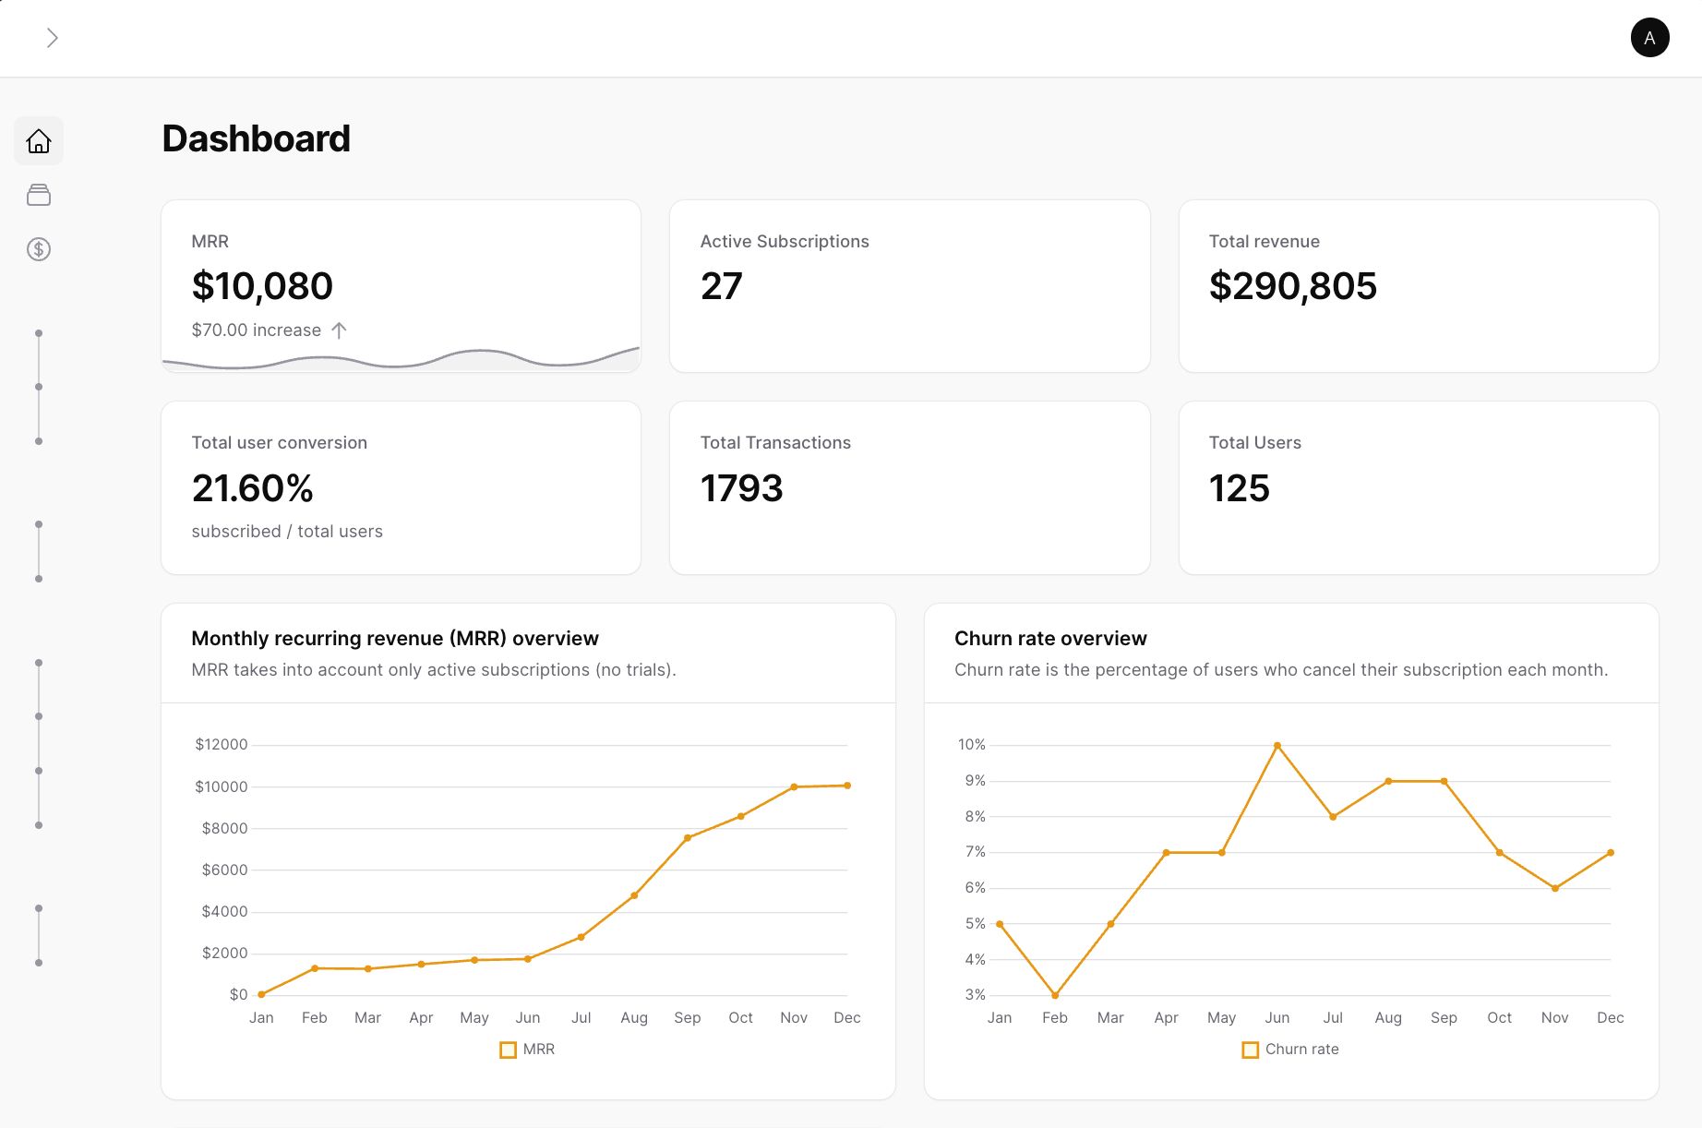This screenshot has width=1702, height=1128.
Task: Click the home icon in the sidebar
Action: pyautogui.click(x=39, y=141)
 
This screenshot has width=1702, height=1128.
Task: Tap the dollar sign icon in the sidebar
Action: pyautogui.click(x=39, y=249)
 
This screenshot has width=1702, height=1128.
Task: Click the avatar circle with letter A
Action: pyautogui.click(x=1649, y=38)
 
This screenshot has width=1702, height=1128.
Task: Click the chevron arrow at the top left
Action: pyautogui.click(x=53, y=38)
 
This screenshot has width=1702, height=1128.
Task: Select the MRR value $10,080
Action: pyautogui.click(x=262, y=286)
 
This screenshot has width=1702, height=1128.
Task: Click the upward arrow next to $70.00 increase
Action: pyautogui.click(x=339, y=330)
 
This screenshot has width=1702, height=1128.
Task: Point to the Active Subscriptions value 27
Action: pyautogui.click(x=721, y=286)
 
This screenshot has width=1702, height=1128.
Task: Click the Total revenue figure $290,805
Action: pyautogui.click(x=1292, y=286)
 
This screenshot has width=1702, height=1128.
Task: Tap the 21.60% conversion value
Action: pyautogui.click(x=253, y=488)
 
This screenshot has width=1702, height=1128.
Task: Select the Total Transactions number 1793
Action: pyautogui.click(x=741, y=488)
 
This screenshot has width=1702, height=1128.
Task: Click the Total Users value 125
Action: pyautogui.click(x=1239, y=488)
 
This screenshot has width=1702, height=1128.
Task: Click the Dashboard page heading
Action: pyautogui.click(x=256, y=139)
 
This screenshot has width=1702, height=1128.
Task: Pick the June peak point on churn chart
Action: pyautogui.click(x=1277, y=745)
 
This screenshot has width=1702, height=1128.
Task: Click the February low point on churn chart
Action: pyautogui.click(x=1055, y=995)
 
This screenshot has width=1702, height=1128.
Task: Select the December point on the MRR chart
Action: pyautogui.click(x=847, y=786)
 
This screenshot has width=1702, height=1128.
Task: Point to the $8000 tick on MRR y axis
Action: pyautogui.click(x=224, y=828)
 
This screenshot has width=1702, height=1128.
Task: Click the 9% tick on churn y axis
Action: pyautogui.click(x=975, y=781)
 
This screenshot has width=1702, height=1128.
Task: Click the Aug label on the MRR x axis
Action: pyautogui.click(x=634, y=1017)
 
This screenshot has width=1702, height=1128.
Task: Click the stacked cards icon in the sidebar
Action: pyautogui.click(x=39, y=195)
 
